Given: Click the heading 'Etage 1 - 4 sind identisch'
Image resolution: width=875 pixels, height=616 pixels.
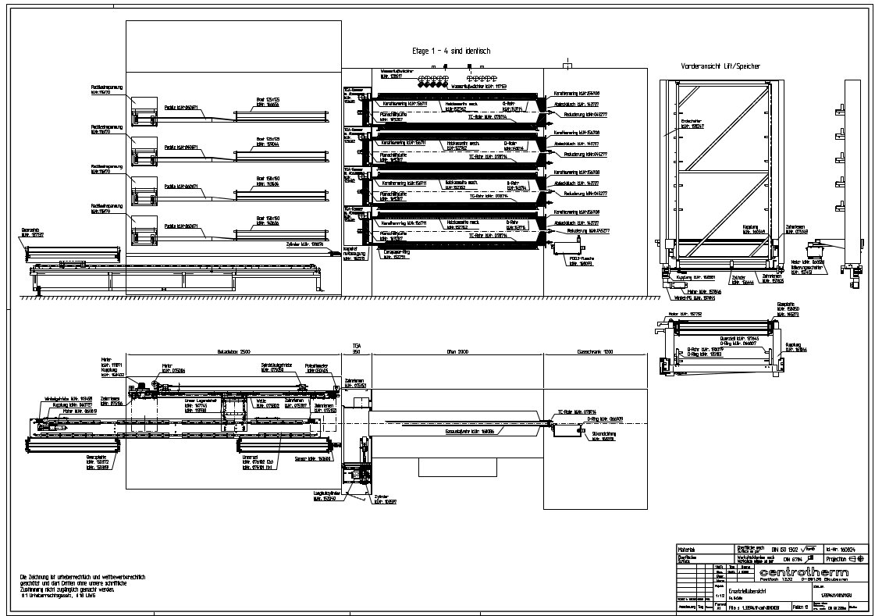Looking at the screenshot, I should pos(451,51).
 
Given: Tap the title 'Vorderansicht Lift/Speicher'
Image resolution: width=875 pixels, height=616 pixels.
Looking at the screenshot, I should pos(720,66).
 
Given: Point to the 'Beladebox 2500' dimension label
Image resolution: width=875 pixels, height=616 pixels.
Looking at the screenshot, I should pos(233,353).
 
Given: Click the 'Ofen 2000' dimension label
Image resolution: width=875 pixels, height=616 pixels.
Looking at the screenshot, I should pos(457,353).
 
